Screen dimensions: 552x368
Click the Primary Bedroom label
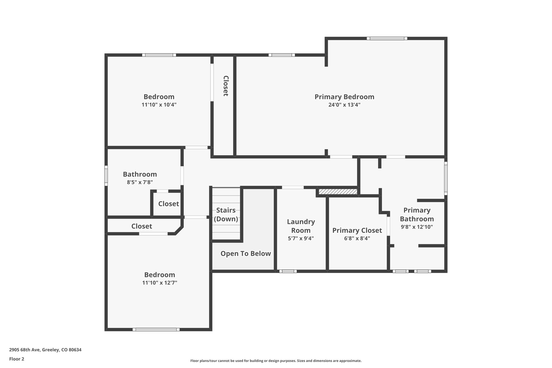coord(344,97)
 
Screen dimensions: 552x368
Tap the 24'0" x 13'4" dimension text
coord(344,105)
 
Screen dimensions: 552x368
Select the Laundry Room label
coord(301,226)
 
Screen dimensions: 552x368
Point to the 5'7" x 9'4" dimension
coord(301,238)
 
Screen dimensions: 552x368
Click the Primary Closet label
coord(357,231)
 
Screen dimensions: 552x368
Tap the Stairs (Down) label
coord(226,215)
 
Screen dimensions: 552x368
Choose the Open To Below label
coord(246,254)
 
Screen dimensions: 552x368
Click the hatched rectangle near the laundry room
coord(338,191)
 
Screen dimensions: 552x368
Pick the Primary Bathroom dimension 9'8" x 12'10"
coord(417,227)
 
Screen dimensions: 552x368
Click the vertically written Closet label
coord(226,86)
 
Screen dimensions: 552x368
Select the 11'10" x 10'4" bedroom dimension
coord(159,105)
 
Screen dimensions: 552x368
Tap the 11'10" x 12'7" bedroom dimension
coord(160,283)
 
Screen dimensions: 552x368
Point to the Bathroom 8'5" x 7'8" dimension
coord(140,182)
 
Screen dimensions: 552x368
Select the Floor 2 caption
coord(17,359)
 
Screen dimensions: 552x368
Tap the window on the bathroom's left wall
coord(106,176)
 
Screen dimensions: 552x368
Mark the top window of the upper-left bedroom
coord(159,55)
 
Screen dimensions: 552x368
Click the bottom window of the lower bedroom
coord(156,329)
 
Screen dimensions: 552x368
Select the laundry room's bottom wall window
coord(288,271)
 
